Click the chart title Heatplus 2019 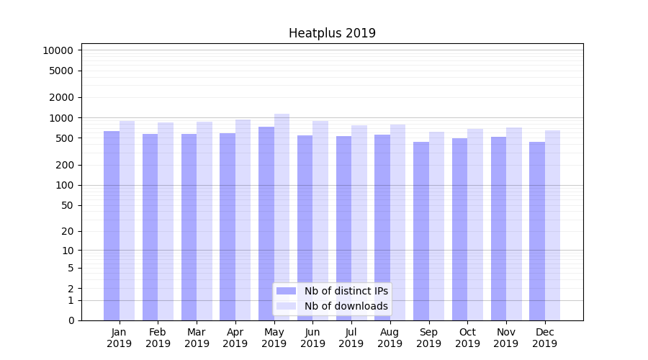[332, 33]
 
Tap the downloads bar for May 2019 [282, 217]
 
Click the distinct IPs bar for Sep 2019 [421, 230]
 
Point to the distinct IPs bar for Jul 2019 [343, 228]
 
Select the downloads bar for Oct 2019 [475, 224]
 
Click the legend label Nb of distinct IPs [346, 291]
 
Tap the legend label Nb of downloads [346, 306]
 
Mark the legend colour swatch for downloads [287, 306]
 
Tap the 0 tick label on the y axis [71, 320]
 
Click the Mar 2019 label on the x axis [197, 338]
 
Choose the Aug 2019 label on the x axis [390, 338]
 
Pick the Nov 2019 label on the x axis [506, 338]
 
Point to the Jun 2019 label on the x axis [312, 338]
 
